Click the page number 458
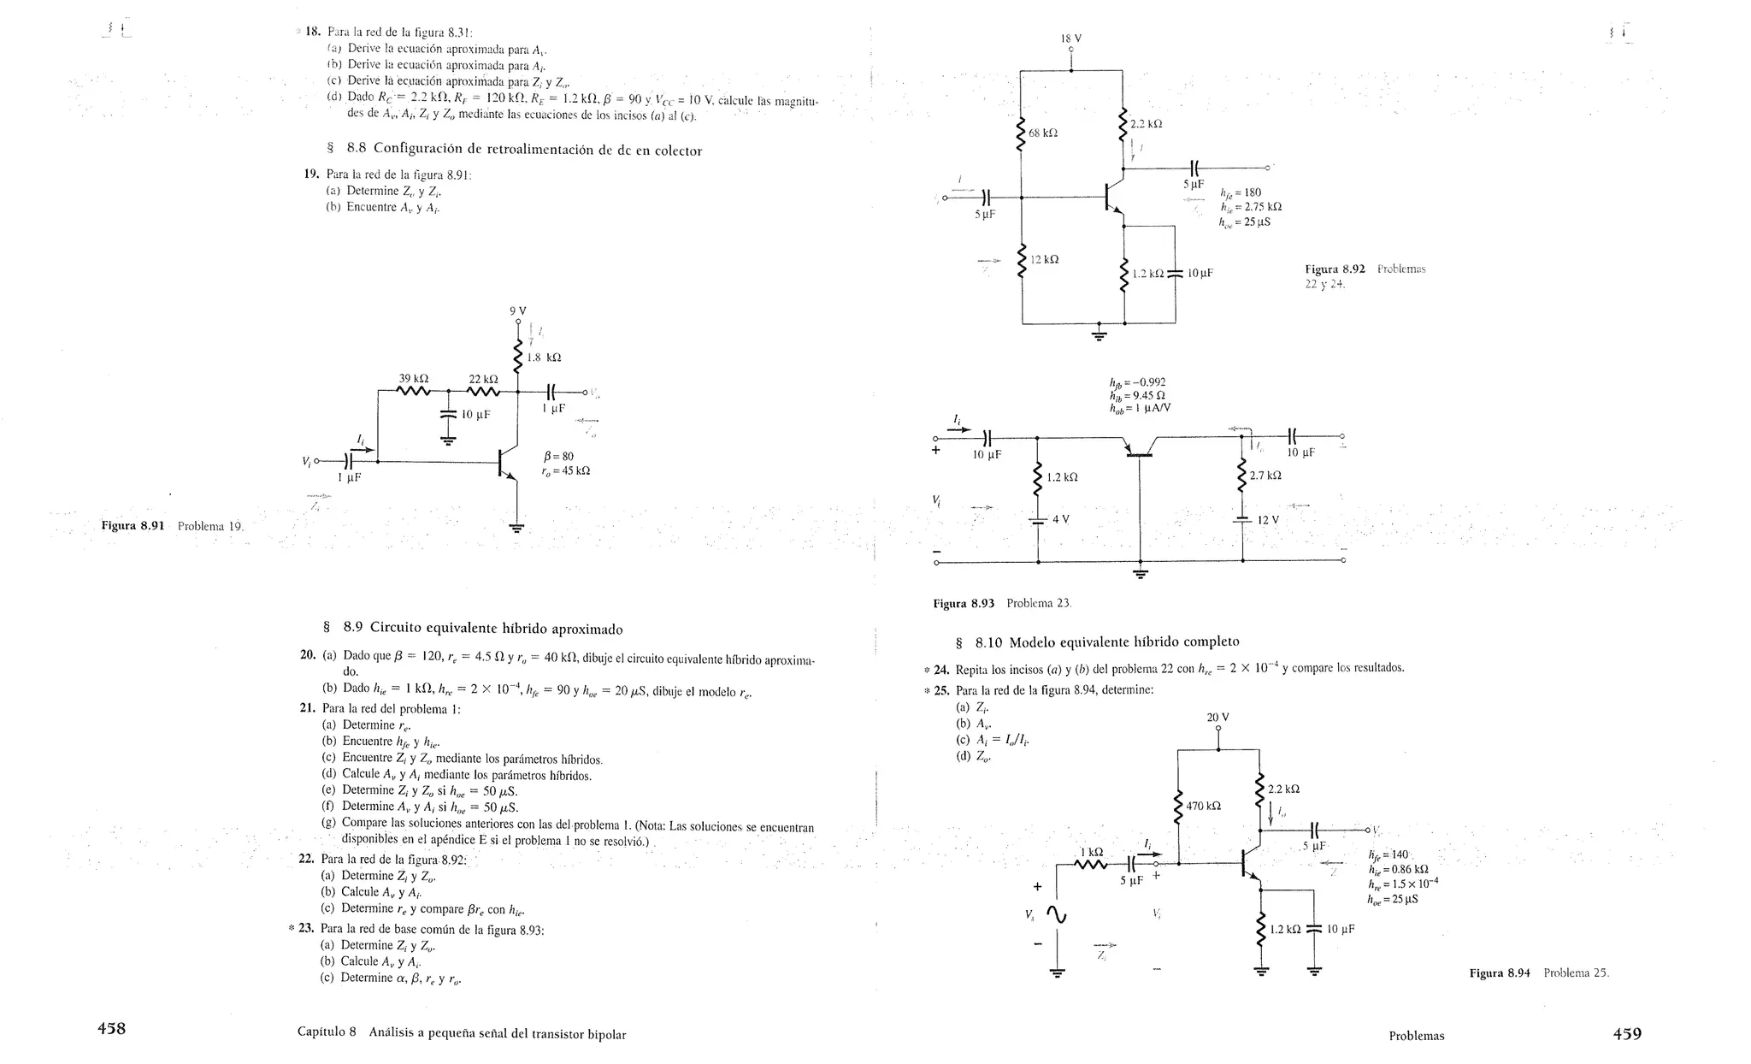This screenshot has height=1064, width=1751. pos(111,1029)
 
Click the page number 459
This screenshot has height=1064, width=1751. pos(1626,1033)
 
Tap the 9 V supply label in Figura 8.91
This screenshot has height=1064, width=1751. pos(517,310)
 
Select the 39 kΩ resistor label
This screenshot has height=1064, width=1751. pos(414,378)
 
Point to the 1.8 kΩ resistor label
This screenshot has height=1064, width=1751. pos(544,358)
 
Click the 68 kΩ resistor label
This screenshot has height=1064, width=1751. pos(1044,133)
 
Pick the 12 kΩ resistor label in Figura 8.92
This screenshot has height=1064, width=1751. pos(1045,259)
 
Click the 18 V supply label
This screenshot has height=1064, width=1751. pos(1070,38)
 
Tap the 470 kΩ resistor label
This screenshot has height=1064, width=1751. pos(1203,806)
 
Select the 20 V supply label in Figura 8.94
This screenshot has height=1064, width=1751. pos(1217,718)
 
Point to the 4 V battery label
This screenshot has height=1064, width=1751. pos(1061,519)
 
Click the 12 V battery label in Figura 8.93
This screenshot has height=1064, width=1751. pos(1267,520)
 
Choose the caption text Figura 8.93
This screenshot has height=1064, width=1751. pos(964,603)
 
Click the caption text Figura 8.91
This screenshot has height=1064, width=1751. pos(133,525)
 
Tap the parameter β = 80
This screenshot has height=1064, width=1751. pos(558,456)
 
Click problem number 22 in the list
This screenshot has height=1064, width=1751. pos(307,859)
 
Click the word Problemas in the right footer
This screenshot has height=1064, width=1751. pos(1416,1036)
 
